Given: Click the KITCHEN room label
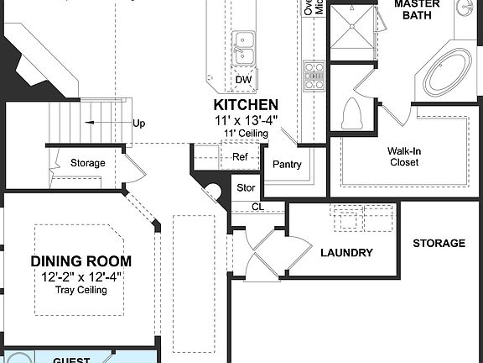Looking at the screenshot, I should (246, 105).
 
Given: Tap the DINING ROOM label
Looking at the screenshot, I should (81, 261).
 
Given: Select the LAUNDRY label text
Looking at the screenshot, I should (346, 252).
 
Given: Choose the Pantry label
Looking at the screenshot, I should (286, 165).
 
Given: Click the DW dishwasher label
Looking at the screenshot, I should (243, 80).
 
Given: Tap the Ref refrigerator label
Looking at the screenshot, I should (240, 156).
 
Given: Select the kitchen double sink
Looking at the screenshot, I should (245, 47).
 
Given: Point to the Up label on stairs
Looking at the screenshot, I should (138, 123).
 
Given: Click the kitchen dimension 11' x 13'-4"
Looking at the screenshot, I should (246, 120).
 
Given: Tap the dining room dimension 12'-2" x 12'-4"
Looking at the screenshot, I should (81, 276).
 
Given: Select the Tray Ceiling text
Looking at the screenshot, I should (81, 290).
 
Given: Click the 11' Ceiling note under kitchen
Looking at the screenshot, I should (246, 134).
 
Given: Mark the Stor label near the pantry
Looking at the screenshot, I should (245, 188).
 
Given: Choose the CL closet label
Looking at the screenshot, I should (257, 207).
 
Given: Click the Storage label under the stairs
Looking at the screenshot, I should (87, 163).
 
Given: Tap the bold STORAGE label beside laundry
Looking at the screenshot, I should (439, 244).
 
